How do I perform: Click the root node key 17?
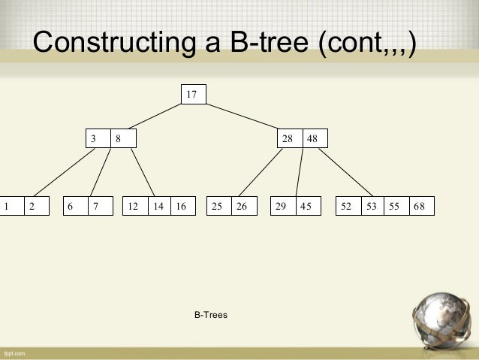pos(192,94)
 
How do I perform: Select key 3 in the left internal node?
pos(94,138)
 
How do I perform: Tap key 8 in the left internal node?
pos(118,138)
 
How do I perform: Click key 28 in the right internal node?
pos(288,138)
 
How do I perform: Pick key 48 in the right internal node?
pos(312,138)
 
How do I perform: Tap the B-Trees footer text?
pos(211,315)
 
